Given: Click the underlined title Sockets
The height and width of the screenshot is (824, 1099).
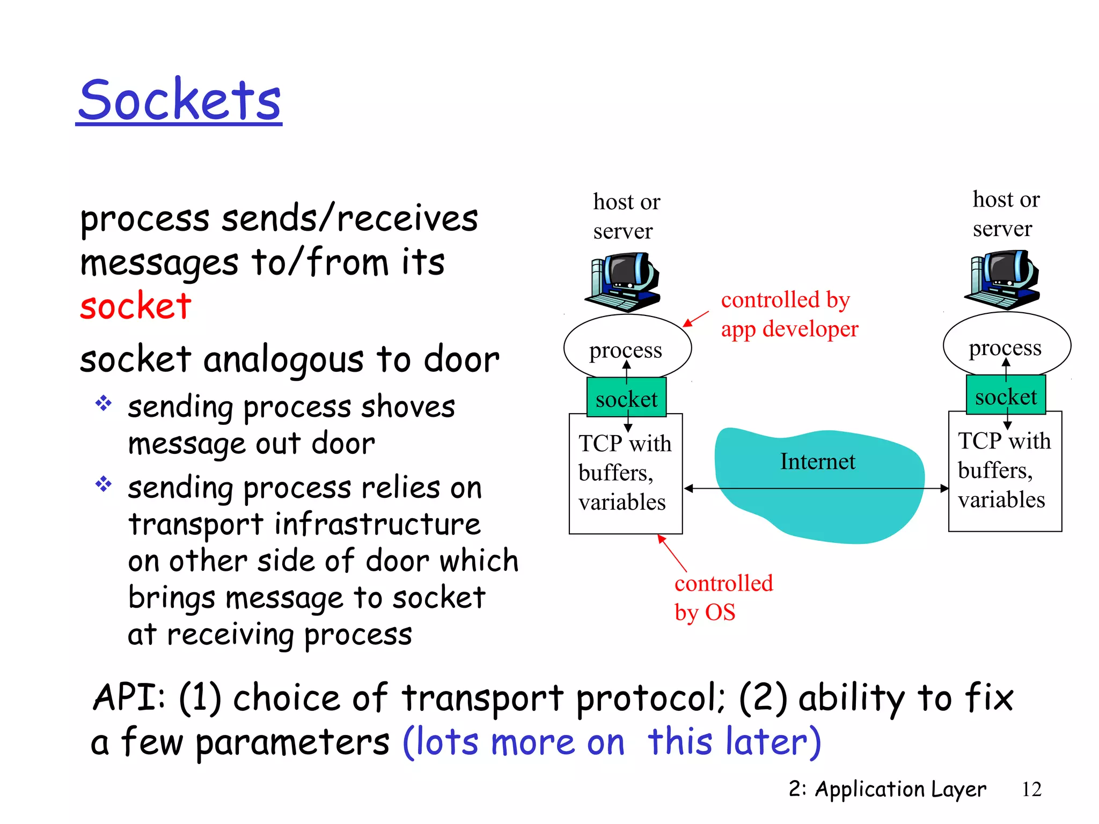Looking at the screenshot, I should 179,100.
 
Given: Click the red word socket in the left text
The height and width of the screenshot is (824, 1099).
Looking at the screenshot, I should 136,306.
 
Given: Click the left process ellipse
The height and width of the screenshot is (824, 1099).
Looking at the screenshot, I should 627,346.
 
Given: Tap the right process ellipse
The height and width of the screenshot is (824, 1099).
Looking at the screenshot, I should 1006,343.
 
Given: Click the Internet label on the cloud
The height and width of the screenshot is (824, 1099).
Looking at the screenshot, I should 817,461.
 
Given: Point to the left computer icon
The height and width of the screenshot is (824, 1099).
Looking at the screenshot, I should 624,282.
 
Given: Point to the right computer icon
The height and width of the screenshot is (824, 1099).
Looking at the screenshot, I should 1003,279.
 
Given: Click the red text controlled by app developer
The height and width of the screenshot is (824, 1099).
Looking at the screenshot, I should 789,314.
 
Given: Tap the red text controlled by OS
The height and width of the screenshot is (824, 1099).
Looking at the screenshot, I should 723,598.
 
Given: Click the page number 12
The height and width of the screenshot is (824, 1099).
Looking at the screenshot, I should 1031,789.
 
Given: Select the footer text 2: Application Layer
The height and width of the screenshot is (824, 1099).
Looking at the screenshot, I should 887,789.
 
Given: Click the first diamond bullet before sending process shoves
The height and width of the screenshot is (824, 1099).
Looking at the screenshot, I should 103,403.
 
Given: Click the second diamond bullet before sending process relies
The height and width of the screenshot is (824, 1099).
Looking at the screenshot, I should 103,484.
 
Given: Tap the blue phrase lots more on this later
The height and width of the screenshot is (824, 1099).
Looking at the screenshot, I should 612,742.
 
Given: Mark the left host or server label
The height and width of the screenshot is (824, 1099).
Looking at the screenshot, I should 626,216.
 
